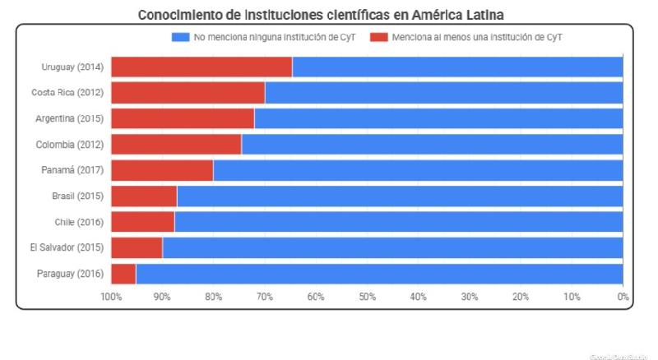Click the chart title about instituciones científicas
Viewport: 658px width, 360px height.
pos(321,15)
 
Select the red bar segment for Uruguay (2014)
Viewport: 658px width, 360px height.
pos(202,67)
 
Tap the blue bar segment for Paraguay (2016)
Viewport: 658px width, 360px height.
pos(379,274)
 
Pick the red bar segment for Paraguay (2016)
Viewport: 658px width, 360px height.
pos(123,274)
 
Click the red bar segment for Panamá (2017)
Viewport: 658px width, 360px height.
pos(162,170)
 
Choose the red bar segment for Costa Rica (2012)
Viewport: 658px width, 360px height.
pos(188,93)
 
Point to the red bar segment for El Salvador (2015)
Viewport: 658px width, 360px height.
pos(137,247)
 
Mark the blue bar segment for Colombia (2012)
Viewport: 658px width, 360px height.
pos(432,145)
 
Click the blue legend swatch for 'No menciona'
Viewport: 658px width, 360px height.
pos(180,38)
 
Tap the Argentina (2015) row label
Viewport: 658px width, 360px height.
pos(69,118)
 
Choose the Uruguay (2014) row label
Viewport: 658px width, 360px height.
pos(72,67)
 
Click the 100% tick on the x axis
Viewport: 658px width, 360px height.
pos(111,296)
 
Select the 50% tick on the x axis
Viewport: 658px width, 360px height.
pos(367,296)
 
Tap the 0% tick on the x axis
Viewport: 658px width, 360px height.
pos(623,296)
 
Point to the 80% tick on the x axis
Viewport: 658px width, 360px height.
pos(213,296)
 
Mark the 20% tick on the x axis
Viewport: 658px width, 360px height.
pos(521,296)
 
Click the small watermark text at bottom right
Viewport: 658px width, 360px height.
pos(619,355)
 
